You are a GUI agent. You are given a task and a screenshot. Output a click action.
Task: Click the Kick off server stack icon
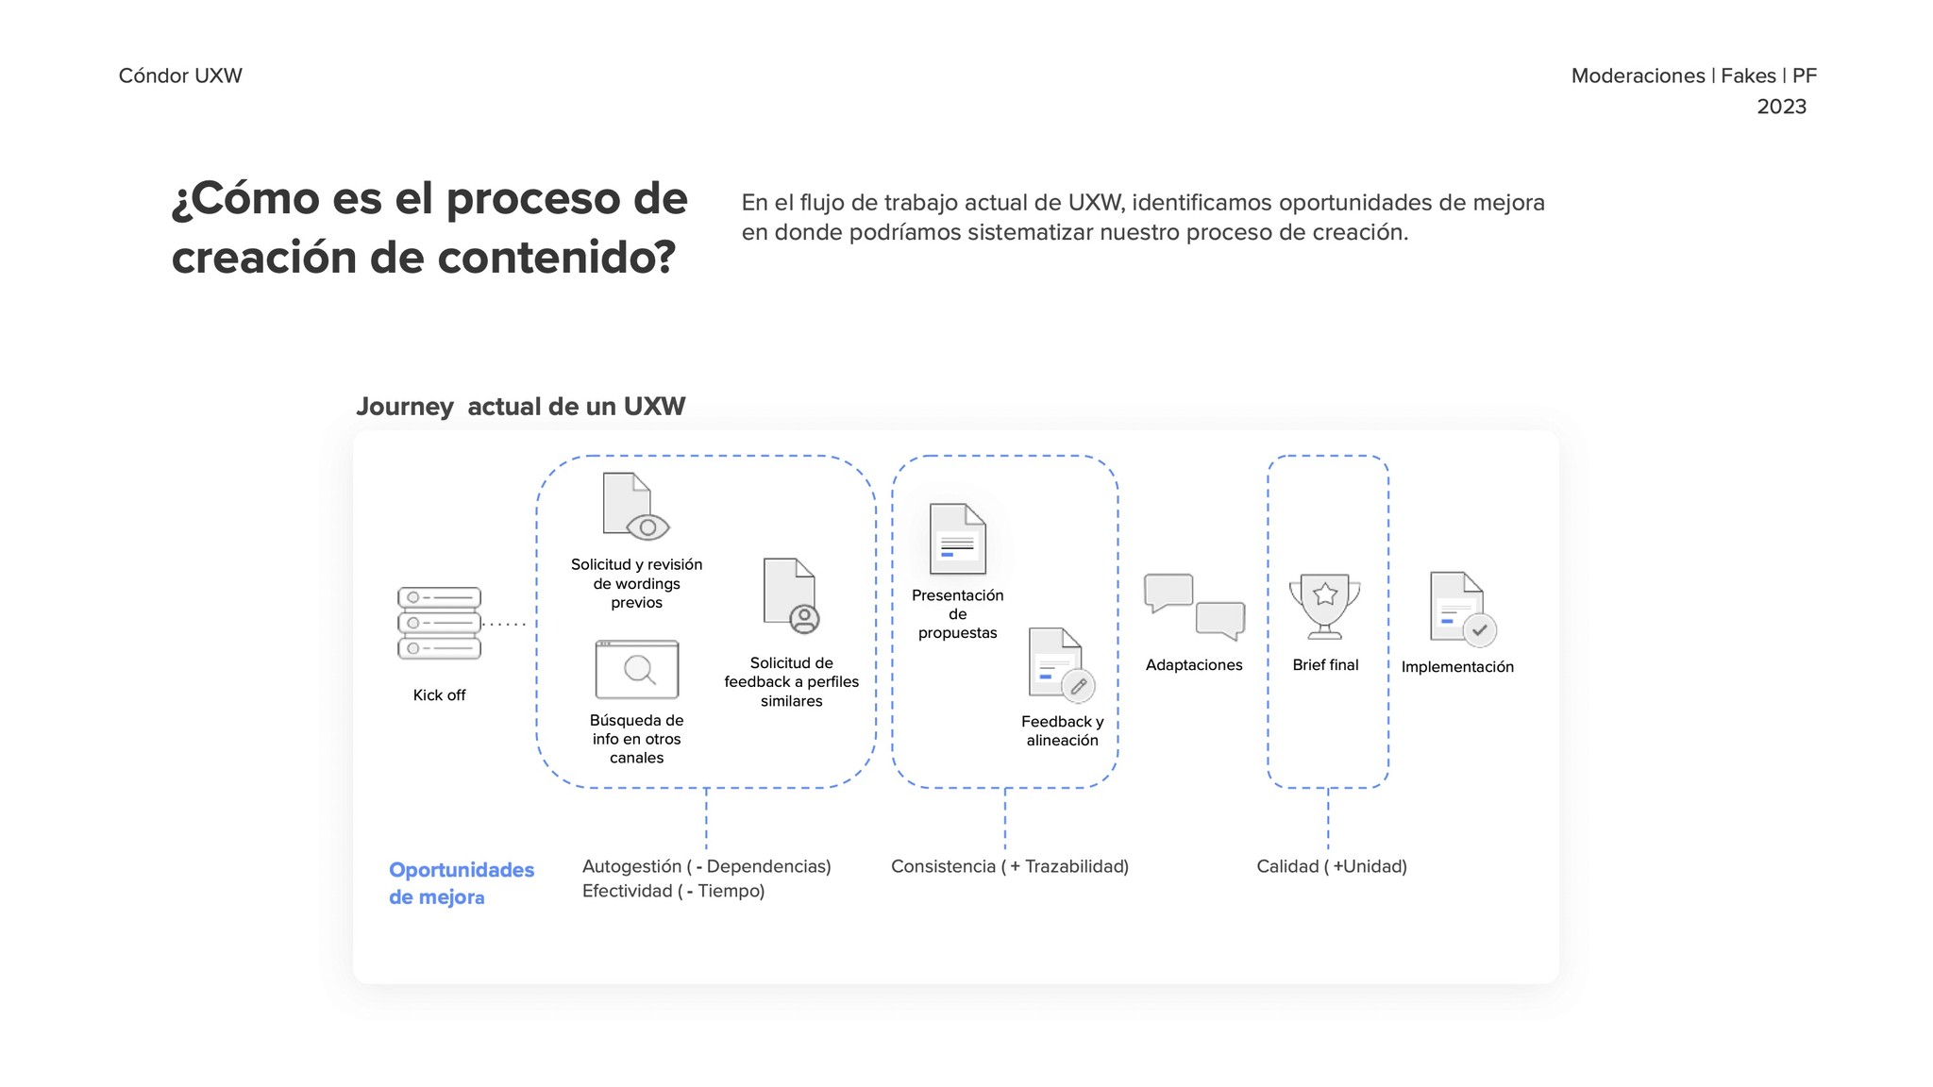tap(439, 623)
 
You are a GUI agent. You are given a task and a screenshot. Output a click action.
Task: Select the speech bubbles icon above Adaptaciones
tap(1194, 607)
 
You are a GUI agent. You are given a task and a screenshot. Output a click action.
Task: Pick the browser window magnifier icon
tap(637, 670)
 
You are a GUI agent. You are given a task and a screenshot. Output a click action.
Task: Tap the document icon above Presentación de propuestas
tap(957, 539)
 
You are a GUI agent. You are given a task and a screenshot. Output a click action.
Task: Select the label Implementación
tap(1457, 667)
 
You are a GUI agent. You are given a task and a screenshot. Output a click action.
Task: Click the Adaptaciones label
tap(1194, 665)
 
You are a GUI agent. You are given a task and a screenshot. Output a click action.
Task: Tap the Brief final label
tap(1325, 665)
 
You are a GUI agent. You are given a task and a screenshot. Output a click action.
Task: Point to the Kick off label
tap(439, 695)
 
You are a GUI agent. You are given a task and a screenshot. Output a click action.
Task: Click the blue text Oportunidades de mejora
tap(461, 883)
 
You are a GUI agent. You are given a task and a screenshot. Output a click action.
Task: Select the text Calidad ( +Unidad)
tap(1331, 866)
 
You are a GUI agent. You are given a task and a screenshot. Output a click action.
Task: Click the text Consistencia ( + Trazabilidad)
tap(1009, 866)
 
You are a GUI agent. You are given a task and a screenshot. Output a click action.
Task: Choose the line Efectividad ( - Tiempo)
tap(673, 891)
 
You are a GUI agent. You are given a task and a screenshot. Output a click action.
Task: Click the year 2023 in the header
tap(1781, 107)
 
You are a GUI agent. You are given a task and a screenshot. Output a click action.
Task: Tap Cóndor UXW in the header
tap(180, 75)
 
